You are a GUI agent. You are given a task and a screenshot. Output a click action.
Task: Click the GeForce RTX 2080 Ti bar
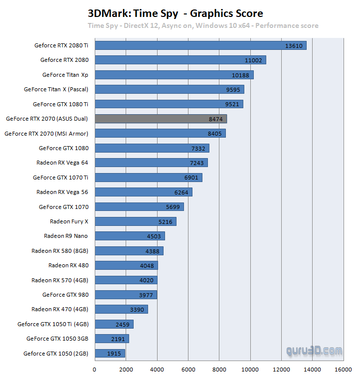click(199, 45)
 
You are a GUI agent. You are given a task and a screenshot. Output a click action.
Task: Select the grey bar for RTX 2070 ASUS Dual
click(161, 119)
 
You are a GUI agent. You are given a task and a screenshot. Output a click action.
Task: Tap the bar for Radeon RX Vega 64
click(151, 163)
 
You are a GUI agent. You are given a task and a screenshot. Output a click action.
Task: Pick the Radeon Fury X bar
click(135, 221)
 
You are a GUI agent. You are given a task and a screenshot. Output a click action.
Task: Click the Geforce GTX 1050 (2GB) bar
click(110, 354)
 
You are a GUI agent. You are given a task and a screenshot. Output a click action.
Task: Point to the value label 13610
click(294, 46)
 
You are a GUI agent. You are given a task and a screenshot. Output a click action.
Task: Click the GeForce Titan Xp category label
click(65, 75)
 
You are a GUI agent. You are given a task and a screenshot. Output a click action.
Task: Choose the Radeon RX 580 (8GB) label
click(60, 251)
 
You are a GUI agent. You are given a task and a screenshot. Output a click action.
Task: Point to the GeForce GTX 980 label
click(65, 295)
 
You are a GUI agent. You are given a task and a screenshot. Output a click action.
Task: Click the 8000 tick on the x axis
click(219, 370)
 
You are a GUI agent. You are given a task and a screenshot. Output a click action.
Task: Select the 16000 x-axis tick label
click(344, 370)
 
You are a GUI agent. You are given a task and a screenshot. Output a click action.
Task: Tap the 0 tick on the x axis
click(95, 370)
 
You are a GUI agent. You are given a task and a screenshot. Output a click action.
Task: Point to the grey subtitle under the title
click(203, 25)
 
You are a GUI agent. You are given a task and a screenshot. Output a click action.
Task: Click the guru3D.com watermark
click(314, 351)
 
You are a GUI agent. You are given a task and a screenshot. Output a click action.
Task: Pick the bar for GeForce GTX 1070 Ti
click(148, 178)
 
